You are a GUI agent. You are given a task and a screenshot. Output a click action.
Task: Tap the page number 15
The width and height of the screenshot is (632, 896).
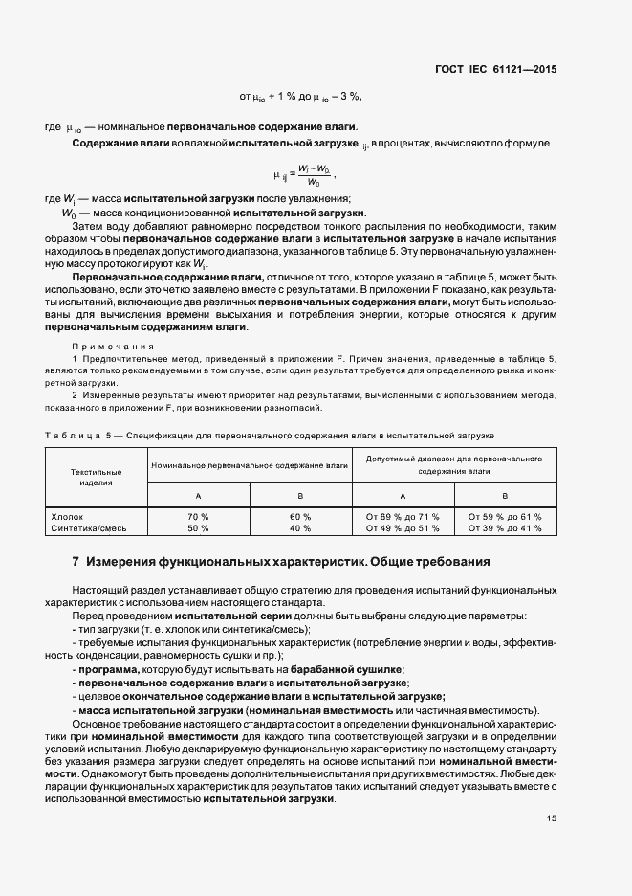pos(552,818)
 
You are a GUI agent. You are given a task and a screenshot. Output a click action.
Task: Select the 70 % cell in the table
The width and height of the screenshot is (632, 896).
pos(198,516)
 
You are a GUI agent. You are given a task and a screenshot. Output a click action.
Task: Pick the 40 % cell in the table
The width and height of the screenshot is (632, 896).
pos(300,527)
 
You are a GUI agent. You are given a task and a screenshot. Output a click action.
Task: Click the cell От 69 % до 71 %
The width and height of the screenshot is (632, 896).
pos(403,516)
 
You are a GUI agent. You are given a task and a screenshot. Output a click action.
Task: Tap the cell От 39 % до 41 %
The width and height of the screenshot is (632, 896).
pos(505,527)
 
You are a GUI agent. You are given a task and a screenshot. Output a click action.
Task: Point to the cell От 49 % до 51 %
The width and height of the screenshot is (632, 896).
pos(403,527)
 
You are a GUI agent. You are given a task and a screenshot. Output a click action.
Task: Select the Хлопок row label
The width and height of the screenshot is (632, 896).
pos(67,516)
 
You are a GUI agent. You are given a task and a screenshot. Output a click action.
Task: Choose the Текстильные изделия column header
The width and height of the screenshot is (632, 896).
pos(96,477)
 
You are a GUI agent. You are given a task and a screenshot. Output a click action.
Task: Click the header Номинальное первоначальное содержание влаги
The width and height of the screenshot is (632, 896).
pos(249,464)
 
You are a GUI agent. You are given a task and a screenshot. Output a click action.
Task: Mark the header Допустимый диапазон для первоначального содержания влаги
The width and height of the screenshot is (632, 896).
pos(453,465)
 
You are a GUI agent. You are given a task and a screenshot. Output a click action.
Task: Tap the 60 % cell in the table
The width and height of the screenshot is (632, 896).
pos(300,516)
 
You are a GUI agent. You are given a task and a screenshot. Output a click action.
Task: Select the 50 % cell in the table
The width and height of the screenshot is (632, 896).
pos(198,527)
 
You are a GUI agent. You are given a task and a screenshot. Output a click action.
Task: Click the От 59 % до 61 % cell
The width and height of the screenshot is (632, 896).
pos(505,516)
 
